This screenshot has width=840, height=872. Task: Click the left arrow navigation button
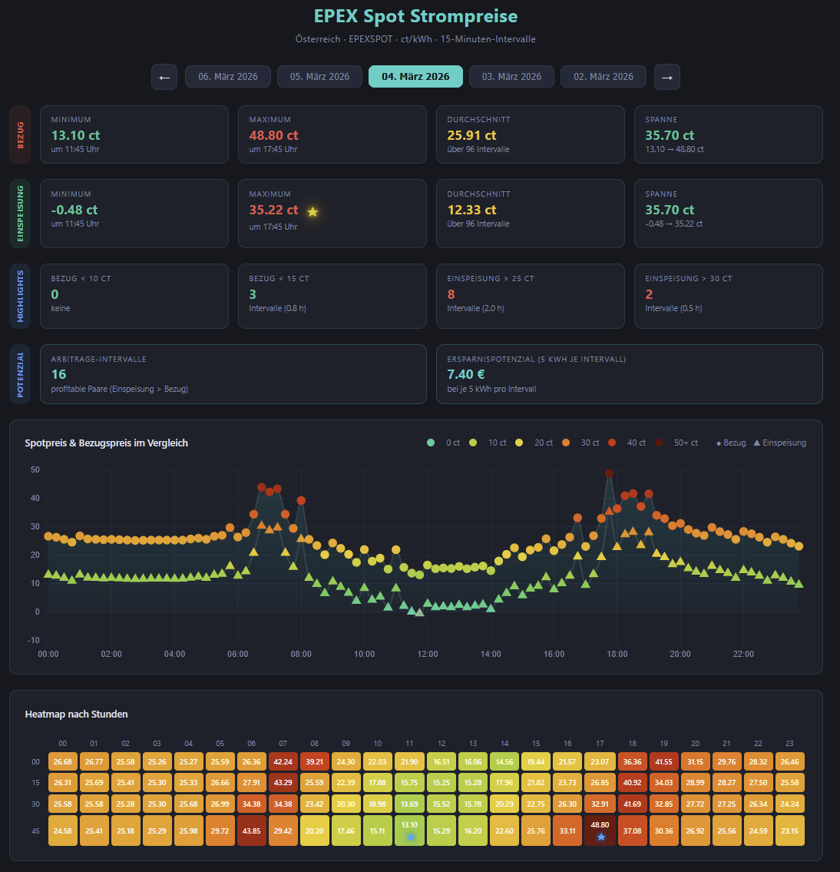pyautogui.click(x=164, y=77)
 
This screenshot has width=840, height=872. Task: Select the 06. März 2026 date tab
pyautogui.click(x=227, y=77)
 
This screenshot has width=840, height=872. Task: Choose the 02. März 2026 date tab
pyautogui.click(x=604, y=77)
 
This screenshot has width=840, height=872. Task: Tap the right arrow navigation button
pyautogui.click(x=666, y=77)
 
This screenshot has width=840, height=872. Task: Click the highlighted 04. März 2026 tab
pyautogui.click(x=415, y=77)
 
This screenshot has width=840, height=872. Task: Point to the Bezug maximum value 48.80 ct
pyautogui.click(x=273, y=135)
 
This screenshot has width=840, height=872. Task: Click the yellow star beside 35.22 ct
pyautogui.click(x=313, y=211)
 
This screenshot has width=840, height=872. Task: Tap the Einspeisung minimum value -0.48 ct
pyautogui.click(x=74, y=210)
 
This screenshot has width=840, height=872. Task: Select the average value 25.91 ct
pyautogui.click(x=471, y=135)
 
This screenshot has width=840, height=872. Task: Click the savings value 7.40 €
pyautogui.click(x=466, y=374)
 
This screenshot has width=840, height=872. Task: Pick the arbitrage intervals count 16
pyautogui.click(x=59, y=374)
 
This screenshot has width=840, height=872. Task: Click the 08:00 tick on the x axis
pyautogui.click(x=301, y=654)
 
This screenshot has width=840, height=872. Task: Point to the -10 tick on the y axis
pyautogui.click(x=34, y=640)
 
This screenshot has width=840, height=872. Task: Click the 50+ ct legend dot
pyautogui.click(x=659, y=443)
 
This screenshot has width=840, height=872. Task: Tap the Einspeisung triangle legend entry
pyautogui.click(x=779, y=443)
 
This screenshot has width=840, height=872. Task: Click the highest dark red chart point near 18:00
pyautogui.click(x=609, y=474)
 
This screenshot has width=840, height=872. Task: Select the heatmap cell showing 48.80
pyautogui.click(x=600, y=831)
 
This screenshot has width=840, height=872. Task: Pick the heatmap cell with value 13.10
pyautogui.click(x=409, y=831)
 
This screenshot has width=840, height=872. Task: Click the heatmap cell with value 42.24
pyautogui.click(x=283, y=761)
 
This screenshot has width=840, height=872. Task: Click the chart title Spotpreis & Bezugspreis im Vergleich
pyautogui.click(x=107, y=443)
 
